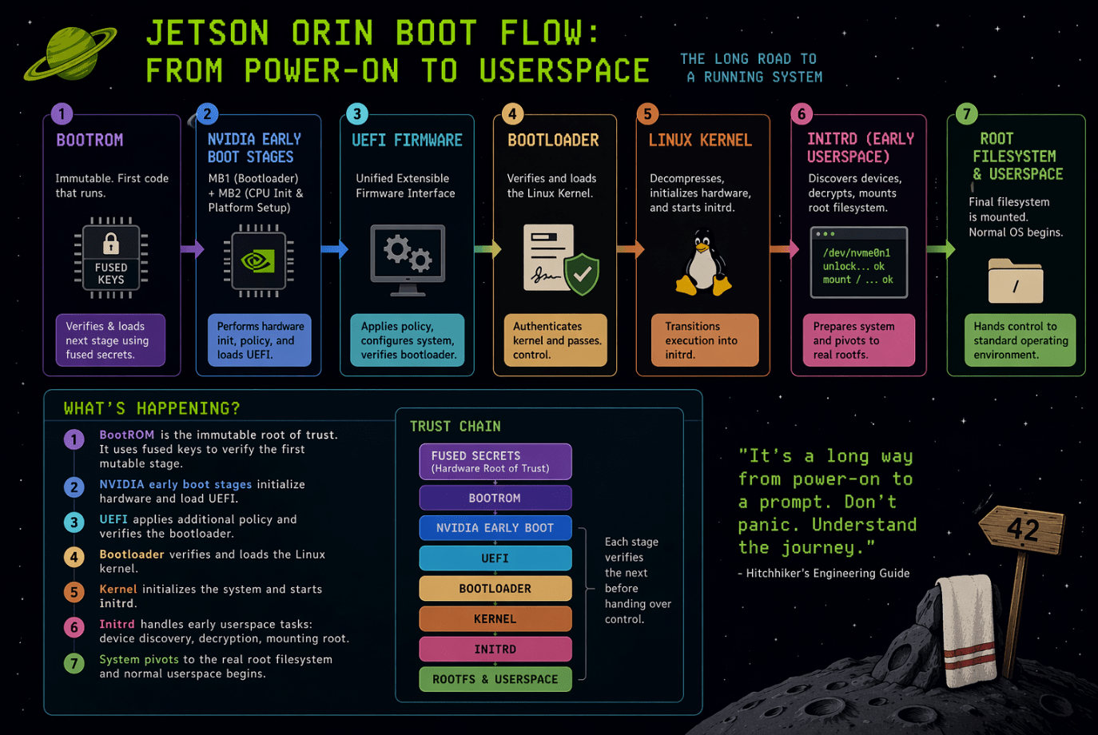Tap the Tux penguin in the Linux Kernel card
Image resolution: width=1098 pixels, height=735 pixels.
point(702,264)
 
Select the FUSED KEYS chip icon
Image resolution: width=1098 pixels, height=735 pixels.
point(111,257)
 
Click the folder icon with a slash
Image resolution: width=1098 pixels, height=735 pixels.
point(1015,280)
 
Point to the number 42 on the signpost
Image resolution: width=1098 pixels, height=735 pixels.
point(1023,529)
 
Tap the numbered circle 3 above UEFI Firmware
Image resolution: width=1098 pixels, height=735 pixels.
point(356,113)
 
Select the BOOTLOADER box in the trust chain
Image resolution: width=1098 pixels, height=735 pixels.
point(495,589)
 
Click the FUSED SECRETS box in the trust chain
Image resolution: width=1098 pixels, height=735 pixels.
point(495,462)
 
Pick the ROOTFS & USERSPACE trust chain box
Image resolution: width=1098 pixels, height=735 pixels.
point(495,679)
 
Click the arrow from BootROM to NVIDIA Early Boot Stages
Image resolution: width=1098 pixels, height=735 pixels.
point(192,249)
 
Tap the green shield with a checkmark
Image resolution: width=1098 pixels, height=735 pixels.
point(582,274)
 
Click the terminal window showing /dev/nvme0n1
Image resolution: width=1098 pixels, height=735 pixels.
point(858,262)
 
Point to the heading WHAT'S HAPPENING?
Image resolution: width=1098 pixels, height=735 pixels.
point(152,409)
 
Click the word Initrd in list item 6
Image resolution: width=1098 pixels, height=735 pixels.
point(117,624)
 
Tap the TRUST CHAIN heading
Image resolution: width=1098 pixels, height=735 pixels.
point(455,427)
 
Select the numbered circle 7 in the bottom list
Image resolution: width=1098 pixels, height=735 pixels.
point(74,663)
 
